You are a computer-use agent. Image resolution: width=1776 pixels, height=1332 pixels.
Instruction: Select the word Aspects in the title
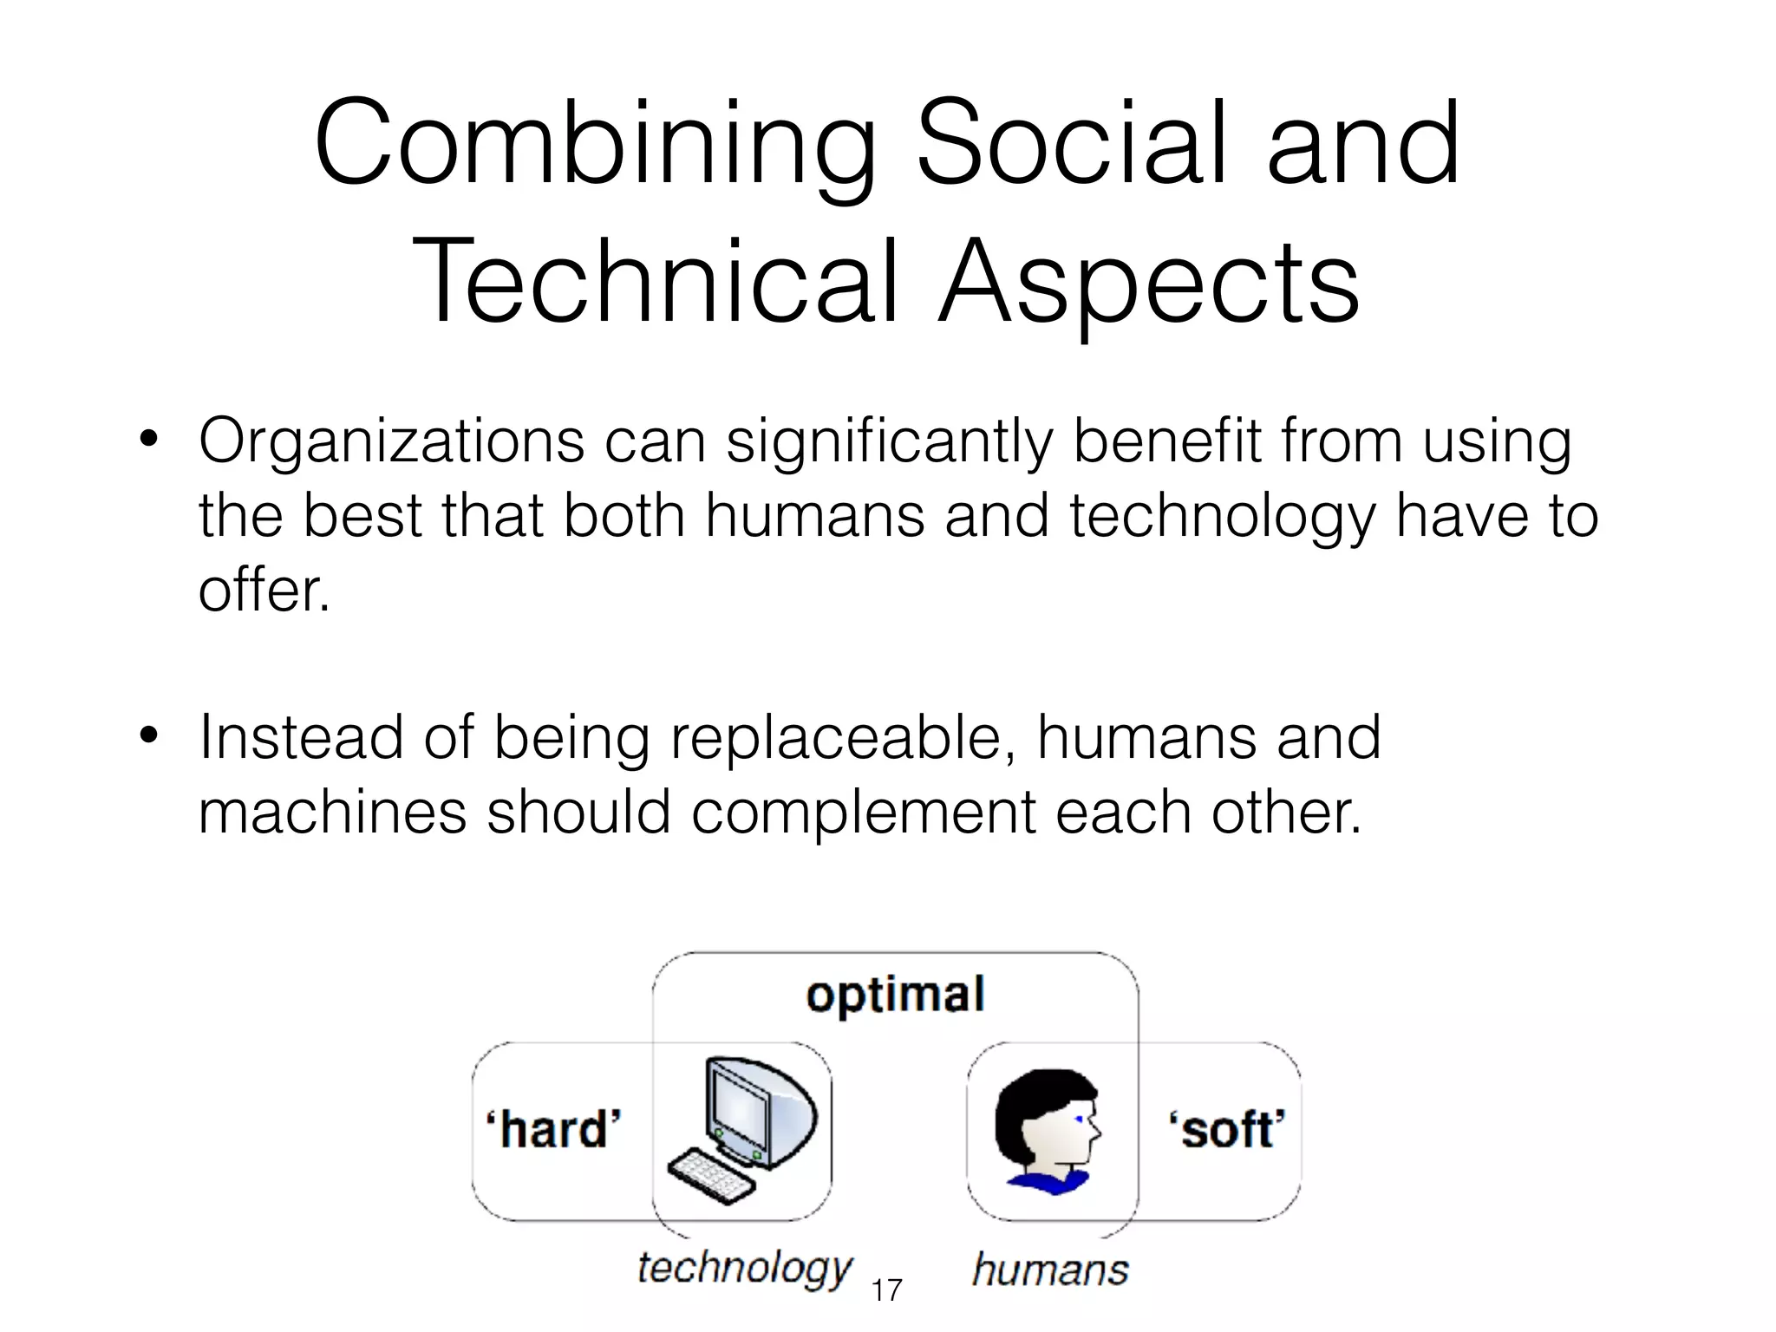1149,282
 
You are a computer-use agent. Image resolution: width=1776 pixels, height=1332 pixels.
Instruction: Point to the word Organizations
391,442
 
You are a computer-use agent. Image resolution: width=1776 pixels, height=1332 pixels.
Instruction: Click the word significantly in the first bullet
889,442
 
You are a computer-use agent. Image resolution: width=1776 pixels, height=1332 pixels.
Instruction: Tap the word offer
264,590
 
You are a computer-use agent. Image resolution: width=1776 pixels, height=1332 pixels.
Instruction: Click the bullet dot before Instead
148,735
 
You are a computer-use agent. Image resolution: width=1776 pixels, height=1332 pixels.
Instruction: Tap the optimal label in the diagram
895,996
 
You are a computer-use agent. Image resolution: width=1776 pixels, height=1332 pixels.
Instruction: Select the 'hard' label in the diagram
553,1129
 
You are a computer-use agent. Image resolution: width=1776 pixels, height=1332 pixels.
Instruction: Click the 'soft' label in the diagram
1227,1129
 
